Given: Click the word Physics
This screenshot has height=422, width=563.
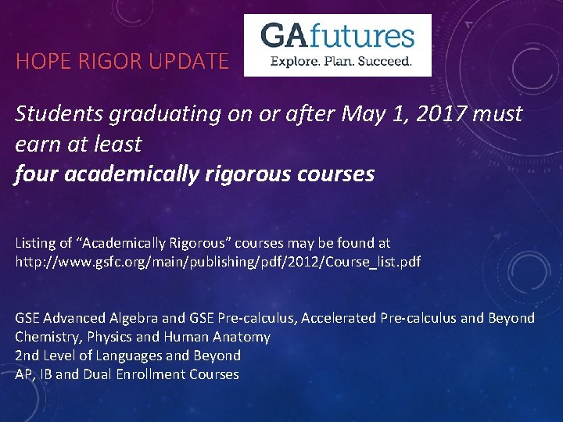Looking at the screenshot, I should click(x=109, y=337).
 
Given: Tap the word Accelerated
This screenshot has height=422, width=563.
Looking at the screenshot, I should click(x=339, y=318).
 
